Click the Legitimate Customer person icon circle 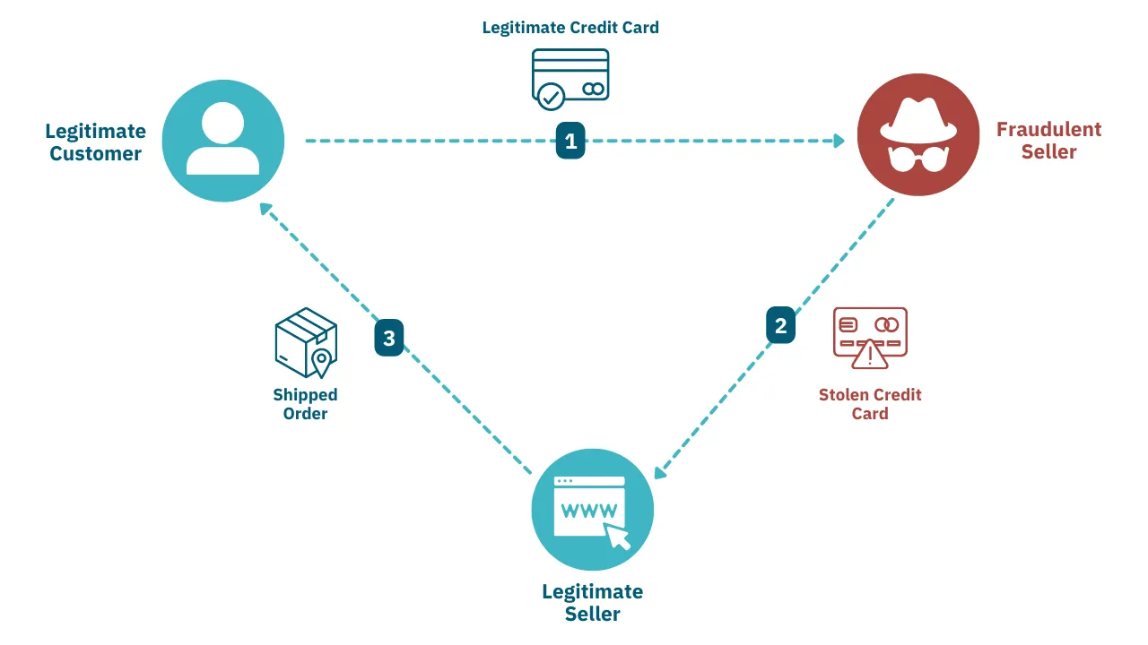(x=223, y=141)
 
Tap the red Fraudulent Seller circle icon (x=918, y=135)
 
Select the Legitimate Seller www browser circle (x=593, y=510)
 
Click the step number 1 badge (x=570, y=142)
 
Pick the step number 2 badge (x=780, y=325)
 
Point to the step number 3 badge (x=389, y=339)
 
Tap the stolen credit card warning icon (x=869, y=338)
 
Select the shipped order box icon (x=306, y=343)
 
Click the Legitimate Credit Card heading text (x=570, y=27)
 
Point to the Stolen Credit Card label (x=869, y=404)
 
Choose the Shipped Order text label (x=306, y=404)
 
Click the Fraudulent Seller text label (x=1048, y=141)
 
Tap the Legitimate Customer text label (x=95, y=142)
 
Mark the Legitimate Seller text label (x=593, y=602)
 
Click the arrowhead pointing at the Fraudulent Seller (x=839, y=141)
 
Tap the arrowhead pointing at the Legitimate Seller (x=661, y=471)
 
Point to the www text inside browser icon (x=588, y=511)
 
